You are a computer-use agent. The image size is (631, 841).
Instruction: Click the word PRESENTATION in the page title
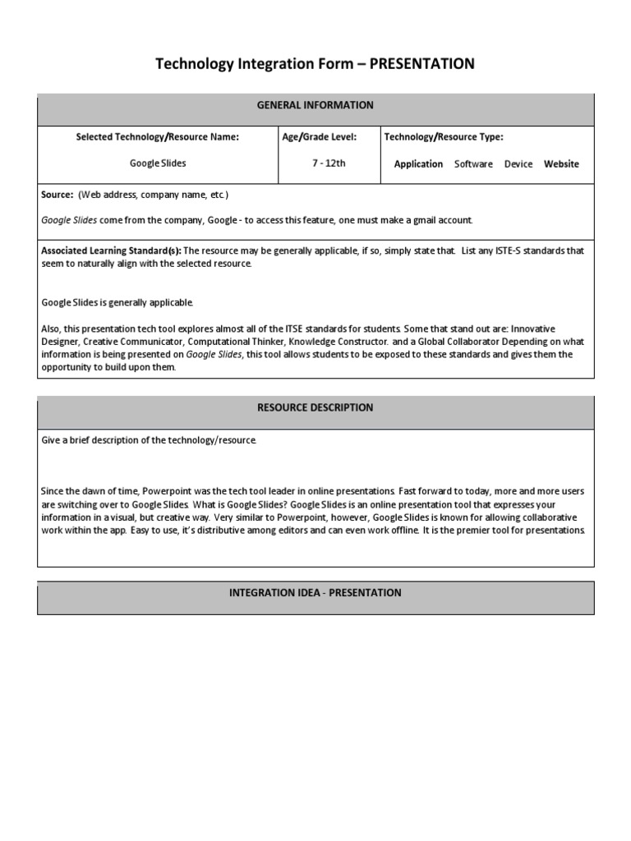pos(422,64)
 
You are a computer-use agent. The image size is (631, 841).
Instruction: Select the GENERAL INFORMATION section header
pos(315,105)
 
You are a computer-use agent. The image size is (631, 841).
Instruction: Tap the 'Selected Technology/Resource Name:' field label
pos(158,137)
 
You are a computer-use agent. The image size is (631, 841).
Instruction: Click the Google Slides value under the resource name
pos(158,163)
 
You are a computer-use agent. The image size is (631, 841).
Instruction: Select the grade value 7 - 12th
pos(329,163)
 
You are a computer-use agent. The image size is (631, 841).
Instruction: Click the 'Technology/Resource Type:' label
pos(444,137)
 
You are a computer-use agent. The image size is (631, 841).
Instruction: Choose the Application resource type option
pos(418,164)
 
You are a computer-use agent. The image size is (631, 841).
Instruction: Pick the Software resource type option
pos(473,164)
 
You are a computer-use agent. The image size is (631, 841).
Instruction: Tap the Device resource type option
pos(518,164)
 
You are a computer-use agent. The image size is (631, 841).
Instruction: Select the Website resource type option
pos(561,164)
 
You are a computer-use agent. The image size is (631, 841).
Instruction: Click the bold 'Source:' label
pos(58,195)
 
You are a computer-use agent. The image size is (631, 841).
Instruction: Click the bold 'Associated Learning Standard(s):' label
pos(112,251)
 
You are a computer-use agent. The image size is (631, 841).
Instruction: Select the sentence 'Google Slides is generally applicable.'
pos(117,303)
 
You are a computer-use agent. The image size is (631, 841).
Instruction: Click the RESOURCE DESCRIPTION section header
pos(315,407)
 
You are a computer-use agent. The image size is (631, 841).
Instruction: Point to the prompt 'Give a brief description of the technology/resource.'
pos(149,441)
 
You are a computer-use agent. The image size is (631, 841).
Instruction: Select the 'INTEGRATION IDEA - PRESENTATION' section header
pos(315,593)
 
